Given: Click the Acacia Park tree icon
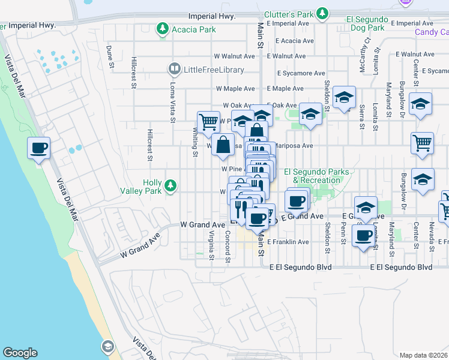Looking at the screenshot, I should coord(162,28).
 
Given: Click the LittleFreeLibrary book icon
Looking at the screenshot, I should coord(174,70).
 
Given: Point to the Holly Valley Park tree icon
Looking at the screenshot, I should coord(171,185).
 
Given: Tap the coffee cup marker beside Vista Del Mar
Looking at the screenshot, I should coord(39,147).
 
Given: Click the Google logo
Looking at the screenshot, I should coord(20,353).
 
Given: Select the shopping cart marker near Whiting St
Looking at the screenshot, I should coord(208,121).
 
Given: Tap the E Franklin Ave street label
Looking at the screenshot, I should coord(288,242).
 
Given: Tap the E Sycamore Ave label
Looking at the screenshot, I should coord(301,73).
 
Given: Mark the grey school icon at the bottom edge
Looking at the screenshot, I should coord(107,347).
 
